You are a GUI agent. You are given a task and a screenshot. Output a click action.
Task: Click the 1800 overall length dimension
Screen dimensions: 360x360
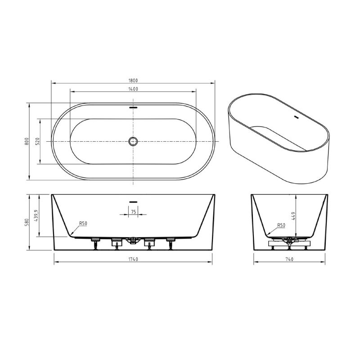click(133, 80)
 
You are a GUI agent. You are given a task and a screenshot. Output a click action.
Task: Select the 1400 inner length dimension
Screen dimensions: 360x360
click(133, 89)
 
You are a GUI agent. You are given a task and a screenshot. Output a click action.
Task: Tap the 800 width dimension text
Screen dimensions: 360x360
click(27, 141)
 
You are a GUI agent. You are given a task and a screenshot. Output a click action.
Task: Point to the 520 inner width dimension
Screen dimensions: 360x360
click(38, 141)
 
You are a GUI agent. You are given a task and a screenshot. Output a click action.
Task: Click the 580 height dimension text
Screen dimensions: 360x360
click(27, 222)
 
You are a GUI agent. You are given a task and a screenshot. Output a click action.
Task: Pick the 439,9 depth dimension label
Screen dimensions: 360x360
click(38, 215)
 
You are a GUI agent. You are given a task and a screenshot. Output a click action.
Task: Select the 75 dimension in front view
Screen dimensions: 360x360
click(133, 211)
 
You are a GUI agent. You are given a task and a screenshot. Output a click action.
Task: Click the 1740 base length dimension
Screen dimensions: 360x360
click(133, 260)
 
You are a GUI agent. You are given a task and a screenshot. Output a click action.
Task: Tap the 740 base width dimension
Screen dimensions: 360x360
click(289, 260)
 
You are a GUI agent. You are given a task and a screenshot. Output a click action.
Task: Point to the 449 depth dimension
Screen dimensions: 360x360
click(293, 215)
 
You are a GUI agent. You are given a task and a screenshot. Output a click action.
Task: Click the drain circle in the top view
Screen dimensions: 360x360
click(133, 141)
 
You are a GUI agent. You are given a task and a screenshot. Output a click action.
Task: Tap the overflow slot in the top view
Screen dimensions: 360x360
click(133, 108)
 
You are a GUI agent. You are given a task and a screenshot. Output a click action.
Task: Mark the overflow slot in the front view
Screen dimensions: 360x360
click(133, 201)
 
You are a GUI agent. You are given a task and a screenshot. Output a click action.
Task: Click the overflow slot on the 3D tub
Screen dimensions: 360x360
click(296, 118)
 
